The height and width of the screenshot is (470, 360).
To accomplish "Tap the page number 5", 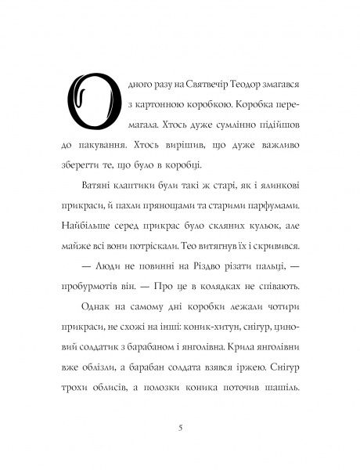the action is [x=180, y=428].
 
